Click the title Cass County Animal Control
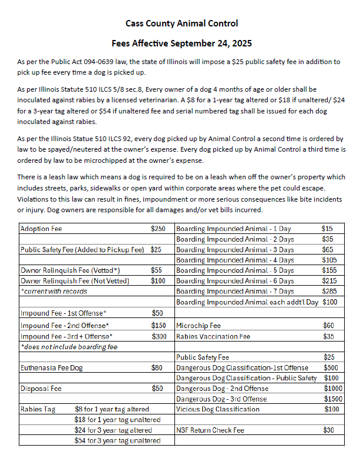[x=181, y=24]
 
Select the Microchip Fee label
[x=198, y=325]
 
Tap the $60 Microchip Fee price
[x=329, y=325]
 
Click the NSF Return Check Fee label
[x=210, y=430]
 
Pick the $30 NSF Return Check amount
[x=329, y=430]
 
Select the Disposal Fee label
[x=41, y=389]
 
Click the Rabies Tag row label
[x=38, y=409]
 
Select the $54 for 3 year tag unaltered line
[x=117, y=441]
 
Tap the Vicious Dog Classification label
[x=218, y=409]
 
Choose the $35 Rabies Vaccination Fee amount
[x=329, y=336]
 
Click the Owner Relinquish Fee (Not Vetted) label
[x=75, y=281]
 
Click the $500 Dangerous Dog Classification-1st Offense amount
[x=331, y=367]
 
